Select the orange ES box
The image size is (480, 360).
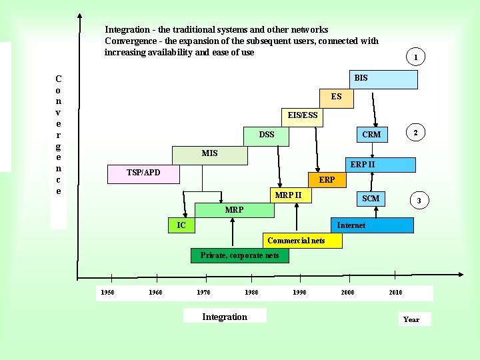(336, 97)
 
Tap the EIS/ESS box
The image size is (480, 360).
(302, 116)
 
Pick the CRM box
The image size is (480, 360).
(371, 135)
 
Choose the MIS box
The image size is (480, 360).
(209, 154)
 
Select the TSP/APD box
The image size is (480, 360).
(143, 173)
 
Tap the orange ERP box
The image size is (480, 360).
(327, 180)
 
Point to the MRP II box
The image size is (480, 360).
(289, 195)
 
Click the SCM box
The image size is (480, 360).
(370, 199)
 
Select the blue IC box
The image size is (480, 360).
(181, 225)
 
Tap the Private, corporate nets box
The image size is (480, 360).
(240, 255)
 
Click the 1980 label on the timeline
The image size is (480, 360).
(251, 292)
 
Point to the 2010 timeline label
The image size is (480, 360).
(395, 292)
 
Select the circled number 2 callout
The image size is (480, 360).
(415, 133)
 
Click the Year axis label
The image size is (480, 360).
(411, 319)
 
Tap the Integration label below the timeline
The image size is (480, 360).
(225, 317)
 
